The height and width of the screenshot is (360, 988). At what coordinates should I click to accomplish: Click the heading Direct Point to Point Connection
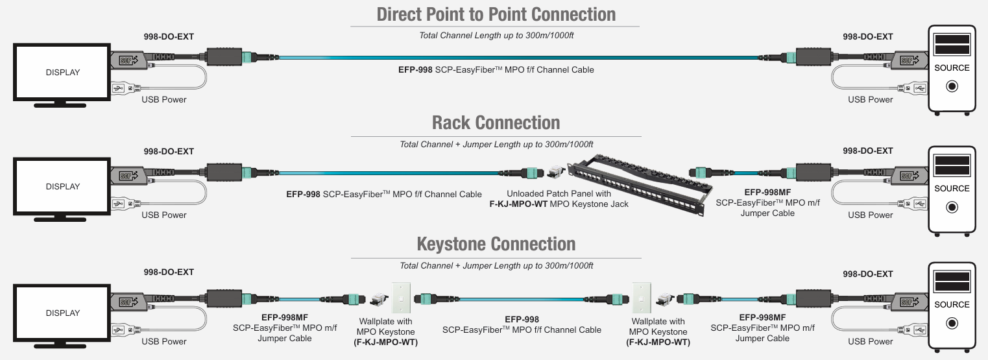496,14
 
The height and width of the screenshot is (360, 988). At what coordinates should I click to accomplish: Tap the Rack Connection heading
496,123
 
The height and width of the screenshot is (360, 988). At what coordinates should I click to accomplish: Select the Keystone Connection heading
496,244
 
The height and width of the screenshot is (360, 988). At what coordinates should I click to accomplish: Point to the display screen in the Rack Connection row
62,186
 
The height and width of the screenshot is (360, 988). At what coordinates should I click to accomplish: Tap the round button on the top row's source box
952,86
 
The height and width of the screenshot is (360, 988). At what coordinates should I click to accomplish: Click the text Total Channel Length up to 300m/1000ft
496,35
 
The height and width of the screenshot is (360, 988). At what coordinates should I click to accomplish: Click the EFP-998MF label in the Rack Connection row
768,192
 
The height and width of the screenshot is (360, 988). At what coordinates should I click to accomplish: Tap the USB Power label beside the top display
164,99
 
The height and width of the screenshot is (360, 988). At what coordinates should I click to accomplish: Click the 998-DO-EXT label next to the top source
867,37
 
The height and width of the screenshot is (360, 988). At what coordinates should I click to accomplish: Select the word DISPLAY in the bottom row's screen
62,313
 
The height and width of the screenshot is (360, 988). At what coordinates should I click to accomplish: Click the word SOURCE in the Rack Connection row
952,189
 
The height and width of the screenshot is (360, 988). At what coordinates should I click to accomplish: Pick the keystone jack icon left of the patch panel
553,171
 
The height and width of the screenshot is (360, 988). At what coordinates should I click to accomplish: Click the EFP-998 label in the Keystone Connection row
522,319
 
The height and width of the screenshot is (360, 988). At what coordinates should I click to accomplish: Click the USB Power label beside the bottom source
870,341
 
